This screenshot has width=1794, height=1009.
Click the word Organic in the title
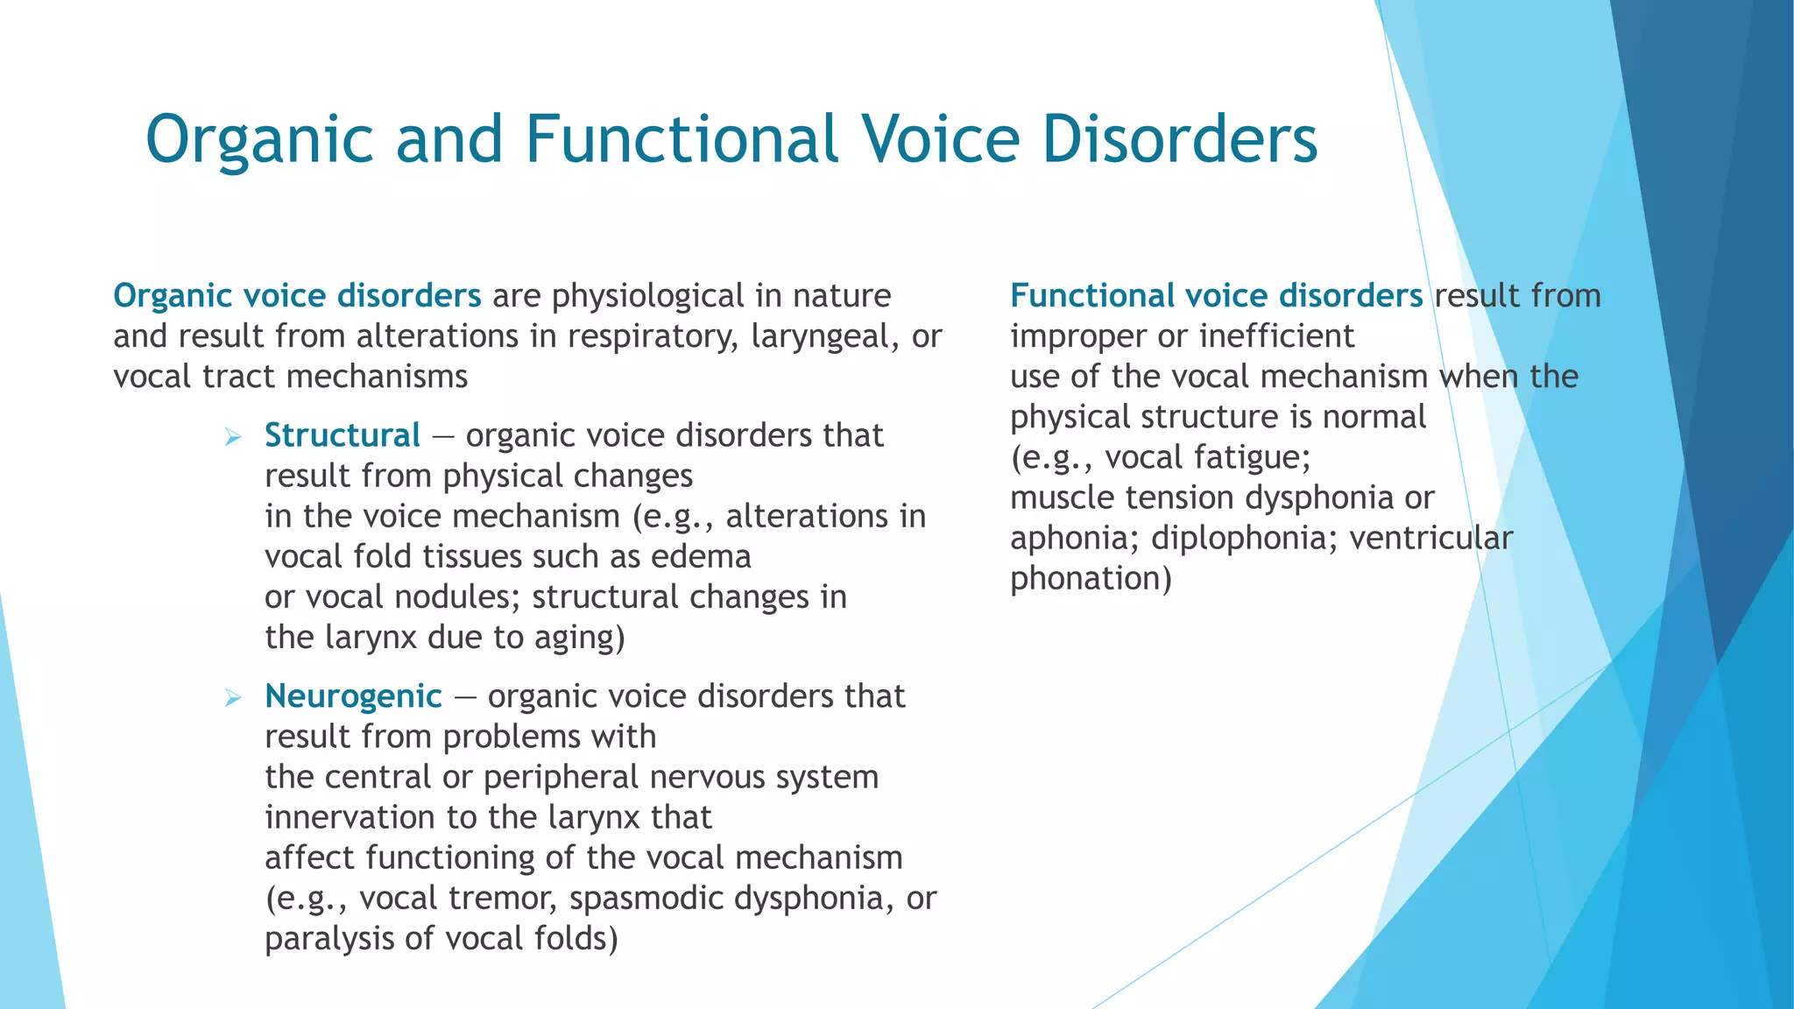[x=260, y=140]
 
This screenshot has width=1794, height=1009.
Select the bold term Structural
[x=342, y=435]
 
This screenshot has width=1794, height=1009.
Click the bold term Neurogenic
[x=353, y=696]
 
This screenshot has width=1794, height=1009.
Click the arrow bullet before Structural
[x=232, y=436]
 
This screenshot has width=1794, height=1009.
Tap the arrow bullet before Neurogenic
[x=232, y=697]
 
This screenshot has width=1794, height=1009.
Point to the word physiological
[x=647, y=297]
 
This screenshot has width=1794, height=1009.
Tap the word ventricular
[x=1430, y=538]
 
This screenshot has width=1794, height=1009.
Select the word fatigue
[x=1257, y=458]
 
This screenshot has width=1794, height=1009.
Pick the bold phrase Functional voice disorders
[x=1216, y=296]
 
